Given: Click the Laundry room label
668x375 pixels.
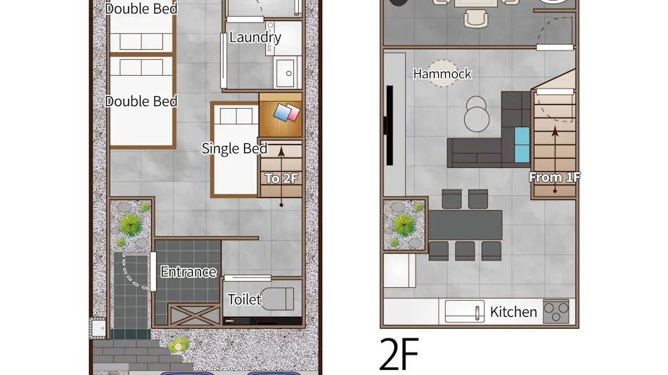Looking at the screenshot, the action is pos(255,37).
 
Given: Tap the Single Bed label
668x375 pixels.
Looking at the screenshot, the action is pos(234,148).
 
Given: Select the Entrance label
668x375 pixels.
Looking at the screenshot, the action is pos(188,272).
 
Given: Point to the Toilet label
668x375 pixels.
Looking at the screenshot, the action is pos(244,299).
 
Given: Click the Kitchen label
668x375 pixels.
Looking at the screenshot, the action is pos(513,312).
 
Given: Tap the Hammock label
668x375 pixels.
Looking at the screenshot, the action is pos(442,74).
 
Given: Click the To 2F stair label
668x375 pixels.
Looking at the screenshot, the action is pos(281,178).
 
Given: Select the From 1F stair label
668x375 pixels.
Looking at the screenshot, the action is pos(555,177).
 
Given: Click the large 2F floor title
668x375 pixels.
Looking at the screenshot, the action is pos(399,354).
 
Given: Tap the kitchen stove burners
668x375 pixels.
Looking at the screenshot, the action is pos(556,312).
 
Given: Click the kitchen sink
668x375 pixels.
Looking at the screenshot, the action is pos(465,312).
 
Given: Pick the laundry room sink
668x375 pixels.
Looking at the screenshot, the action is pos(285,73).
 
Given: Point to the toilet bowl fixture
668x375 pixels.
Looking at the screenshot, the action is pos(277,299).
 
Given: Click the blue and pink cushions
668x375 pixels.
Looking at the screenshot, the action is pos(286,112).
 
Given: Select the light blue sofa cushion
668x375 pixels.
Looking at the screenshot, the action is pos(522,145).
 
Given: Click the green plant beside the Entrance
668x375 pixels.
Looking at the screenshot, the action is pos(130,225).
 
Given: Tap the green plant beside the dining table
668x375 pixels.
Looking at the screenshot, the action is pos(404,225).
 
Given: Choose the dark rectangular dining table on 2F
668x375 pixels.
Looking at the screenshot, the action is pos(465,225).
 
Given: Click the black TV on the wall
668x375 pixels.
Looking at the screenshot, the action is pos(390,125).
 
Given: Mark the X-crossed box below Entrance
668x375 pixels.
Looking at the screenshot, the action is pos(195,315).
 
